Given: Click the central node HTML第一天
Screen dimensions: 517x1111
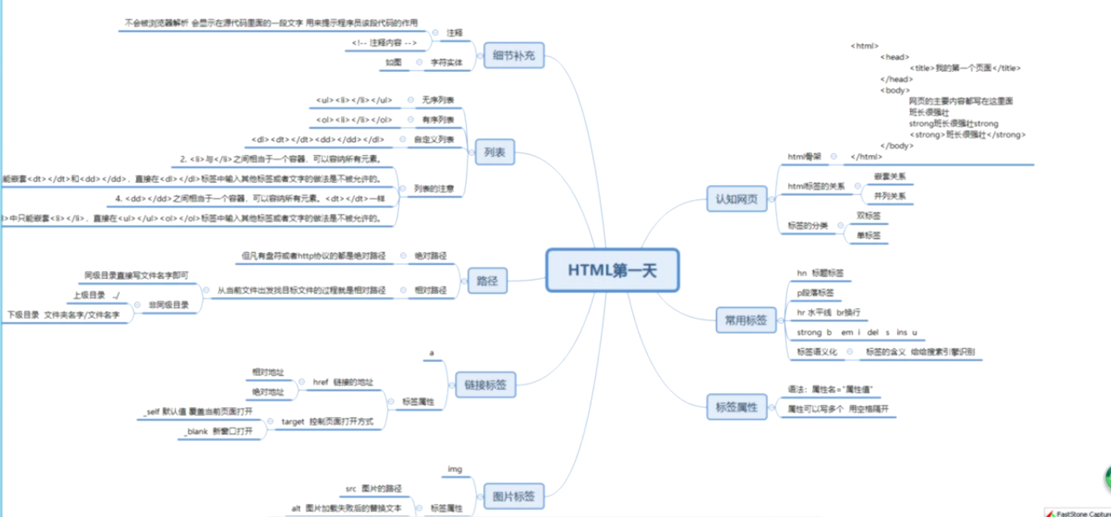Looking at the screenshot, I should pos(612,270).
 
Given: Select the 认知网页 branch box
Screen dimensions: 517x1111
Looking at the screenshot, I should pos(736,198).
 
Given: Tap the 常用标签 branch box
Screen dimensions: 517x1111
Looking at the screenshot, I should pos(745,320).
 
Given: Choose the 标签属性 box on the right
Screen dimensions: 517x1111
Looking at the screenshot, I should pos(736,406).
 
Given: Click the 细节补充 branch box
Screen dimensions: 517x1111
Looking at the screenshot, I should pos(514,56).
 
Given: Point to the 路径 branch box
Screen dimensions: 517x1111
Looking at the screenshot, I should pos(488,280).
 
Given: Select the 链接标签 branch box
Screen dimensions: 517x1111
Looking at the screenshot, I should pos(485,385).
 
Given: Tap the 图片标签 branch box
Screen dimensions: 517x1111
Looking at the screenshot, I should pos(514,497).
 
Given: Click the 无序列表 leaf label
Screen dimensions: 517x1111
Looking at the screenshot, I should pos(438,100).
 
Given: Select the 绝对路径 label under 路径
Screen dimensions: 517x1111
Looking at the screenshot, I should pos(430,257).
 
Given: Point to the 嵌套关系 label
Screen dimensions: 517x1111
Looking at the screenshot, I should pos(889,176).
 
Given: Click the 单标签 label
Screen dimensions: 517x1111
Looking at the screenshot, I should pos(869,235).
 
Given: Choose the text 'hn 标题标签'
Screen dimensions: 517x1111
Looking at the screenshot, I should pos(820,273).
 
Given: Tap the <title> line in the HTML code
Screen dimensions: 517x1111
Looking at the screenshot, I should pos(965,68).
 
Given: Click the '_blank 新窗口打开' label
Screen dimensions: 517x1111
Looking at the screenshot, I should pos(211,430).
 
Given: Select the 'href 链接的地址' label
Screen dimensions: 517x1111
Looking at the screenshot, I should pos(342,382).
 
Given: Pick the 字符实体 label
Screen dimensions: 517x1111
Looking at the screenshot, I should pos(446,62).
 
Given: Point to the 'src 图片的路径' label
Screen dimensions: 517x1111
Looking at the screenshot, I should pos(373,489).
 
